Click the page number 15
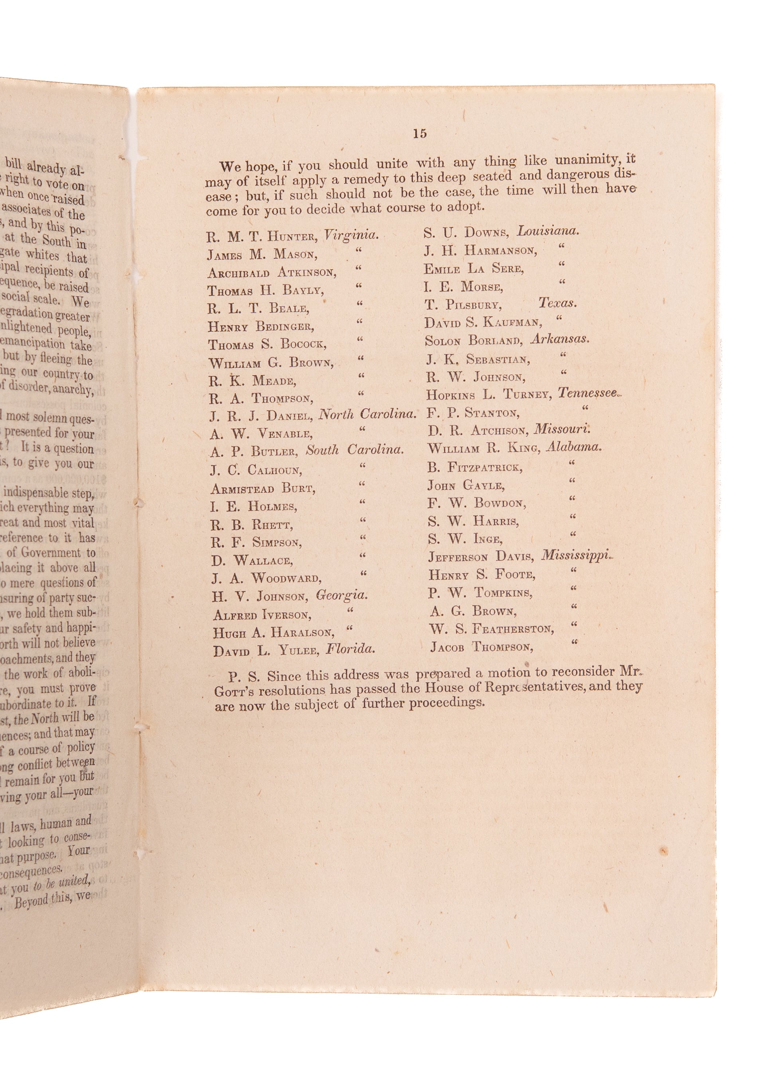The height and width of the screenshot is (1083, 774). click(419, 134)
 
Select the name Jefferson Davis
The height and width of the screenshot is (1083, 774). click(481, 557)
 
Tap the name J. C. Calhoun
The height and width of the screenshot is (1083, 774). click(256, 471)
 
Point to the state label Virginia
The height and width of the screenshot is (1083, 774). click(351, 235)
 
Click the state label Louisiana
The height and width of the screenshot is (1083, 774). click(548, 231)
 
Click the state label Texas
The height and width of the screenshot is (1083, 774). click(557, 303)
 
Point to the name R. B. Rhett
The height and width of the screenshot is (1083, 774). click(252, 524)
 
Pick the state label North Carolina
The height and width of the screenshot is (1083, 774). click(367, 414)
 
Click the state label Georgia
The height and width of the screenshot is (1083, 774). click(342, 595)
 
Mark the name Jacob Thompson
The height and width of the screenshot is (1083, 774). click(481, 646)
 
